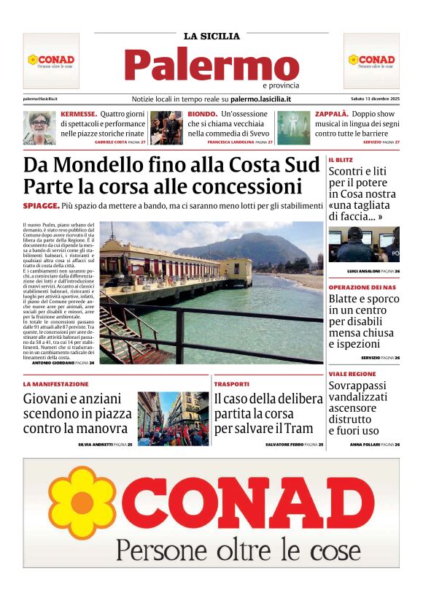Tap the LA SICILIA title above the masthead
click(x=211, y=36)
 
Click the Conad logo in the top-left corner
click(x=51, y=61)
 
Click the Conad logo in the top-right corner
click(x=371, y=61)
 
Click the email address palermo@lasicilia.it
click(x=40, y=99)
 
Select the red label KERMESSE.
click(x=79, y=115)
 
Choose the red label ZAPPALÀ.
click(x=331, y=115)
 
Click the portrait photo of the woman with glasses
click(x=39, y=128)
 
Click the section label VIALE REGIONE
click(x=352, y=374)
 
